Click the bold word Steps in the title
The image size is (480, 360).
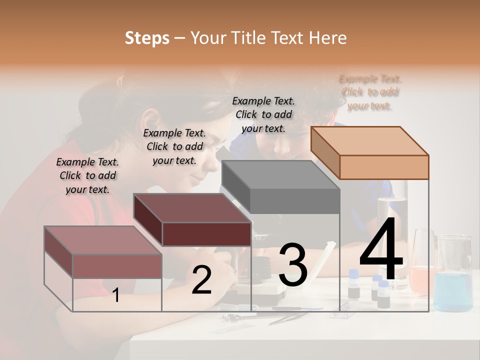147,38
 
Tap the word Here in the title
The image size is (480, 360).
327,38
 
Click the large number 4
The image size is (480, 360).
381,250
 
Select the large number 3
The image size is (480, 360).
292,265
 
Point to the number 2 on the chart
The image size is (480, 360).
201,280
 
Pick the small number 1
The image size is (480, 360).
116,295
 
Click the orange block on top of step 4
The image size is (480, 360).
370,152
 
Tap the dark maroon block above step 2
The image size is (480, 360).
192,220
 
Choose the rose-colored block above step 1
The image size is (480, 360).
103,252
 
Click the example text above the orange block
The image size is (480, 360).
370,92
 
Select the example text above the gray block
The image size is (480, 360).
263,114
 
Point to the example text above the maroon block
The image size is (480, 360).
174,146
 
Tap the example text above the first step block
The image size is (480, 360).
87,175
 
